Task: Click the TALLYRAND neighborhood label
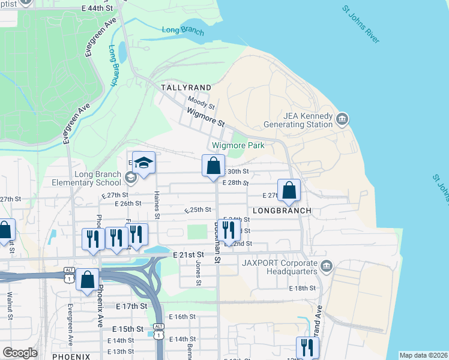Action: click(x=184, y=88)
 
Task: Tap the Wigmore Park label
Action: click(x=238, y=146)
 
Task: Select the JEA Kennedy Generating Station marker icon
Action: click(x=343, y=117)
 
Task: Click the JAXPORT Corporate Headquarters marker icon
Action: click(x=326, y=266)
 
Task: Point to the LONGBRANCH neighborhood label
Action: click(x=282, y=211)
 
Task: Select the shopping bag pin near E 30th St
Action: click(x=214, y=166)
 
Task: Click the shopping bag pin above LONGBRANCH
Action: click(x=289, y=190)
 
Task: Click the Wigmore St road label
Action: click(x=205, y=118)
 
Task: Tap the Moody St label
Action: click(x=200, y=102)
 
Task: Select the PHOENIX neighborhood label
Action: click(x=71, y=356)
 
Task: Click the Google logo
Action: click(x=20, y=353)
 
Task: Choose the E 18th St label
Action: click(x=302, y=289)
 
